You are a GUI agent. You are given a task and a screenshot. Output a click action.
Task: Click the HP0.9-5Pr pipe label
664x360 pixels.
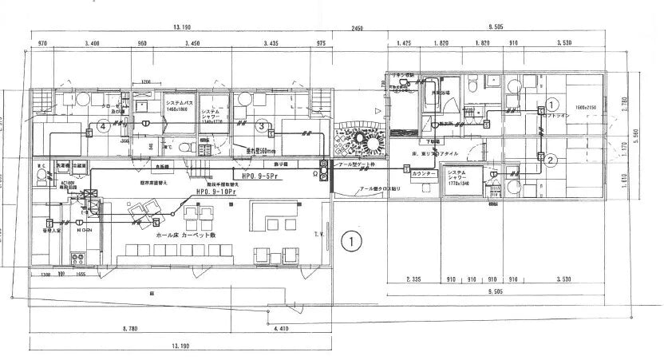pos(255,172)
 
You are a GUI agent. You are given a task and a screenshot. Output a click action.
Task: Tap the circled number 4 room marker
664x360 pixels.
pos(102,126)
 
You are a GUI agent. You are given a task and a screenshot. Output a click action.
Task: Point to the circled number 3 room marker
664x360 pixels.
pos(260,125)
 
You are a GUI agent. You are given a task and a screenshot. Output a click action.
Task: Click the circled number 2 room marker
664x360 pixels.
pos(551,160)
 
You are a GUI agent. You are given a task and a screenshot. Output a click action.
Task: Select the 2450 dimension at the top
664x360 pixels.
pos(357,28)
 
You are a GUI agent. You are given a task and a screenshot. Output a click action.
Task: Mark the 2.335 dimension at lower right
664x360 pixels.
pos(413,279)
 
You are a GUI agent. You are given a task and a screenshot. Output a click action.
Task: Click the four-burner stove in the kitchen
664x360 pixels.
pos(80,259)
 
